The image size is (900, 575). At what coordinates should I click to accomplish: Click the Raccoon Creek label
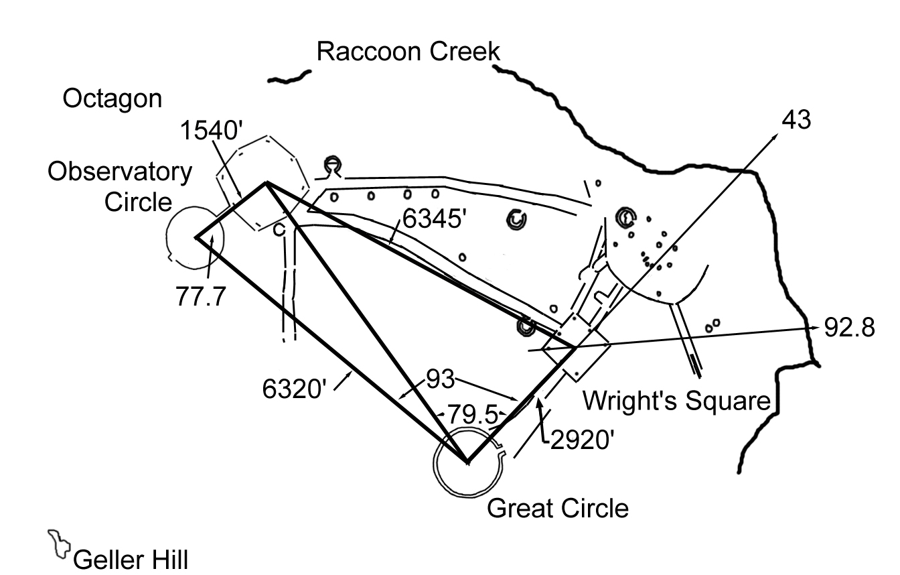click(x=408, y=51)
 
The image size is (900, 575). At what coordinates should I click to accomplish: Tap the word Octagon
click(x=112, y=99)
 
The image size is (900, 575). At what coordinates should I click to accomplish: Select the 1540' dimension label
click(x=210, y=131)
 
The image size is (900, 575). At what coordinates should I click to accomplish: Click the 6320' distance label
click(x=293, y=389)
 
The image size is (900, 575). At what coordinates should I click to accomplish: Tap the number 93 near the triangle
click(x=440, y=379)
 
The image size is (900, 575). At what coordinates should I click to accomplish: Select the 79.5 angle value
click(x=473, y=414)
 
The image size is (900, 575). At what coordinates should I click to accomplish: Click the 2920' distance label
click(x=579, y=440)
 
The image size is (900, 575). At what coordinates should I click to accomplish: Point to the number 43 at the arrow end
click(x=796, y=120)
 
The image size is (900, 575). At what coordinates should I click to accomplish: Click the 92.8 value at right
click(x=849, y=329)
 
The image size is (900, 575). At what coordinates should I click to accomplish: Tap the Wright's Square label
click(x=676, y=401)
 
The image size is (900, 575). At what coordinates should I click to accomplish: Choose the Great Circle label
click(x=558, y=508)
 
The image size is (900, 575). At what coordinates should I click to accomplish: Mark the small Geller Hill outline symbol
click(x=58, y=544)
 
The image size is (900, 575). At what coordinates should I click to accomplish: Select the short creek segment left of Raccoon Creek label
click(x=290, y=76)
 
